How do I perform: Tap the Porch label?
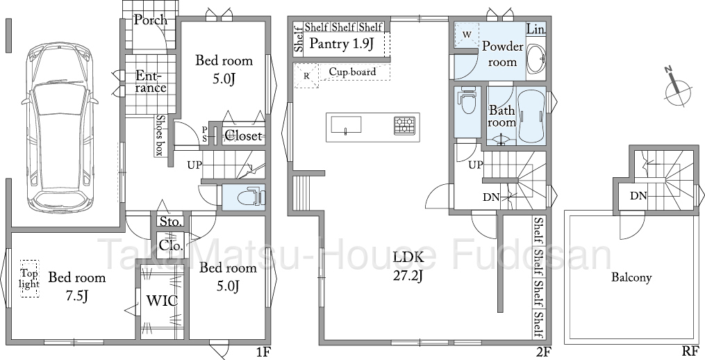(151, 20)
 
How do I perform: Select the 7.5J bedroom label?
(77, 286)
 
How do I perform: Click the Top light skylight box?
(30, 279)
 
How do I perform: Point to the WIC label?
(163, 301)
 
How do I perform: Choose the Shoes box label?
(159, 136)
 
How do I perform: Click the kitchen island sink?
(346, 125)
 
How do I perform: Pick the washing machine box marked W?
(466, 35)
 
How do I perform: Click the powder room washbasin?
(536, 58)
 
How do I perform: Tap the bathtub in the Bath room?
(531, 117)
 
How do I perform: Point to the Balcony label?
(631, 278)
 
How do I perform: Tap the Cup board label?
(353, 72)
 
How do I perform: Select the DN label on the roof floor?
(638, 196)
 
